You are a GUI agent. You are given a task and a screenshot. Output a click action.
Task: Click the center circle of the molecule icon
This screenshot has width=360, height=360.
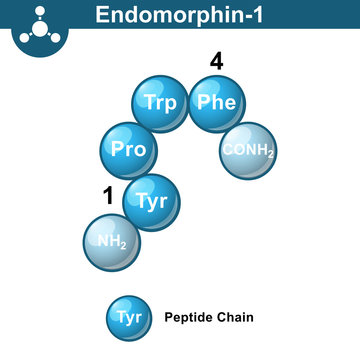(36, 25)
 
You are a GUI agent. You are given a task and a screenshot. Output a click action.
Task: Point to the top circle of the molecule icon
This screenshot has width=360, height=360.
(36, 11)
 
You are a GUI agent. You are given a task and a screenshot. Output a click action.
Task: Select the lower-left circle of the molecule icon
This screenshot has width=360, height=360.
(24, 34)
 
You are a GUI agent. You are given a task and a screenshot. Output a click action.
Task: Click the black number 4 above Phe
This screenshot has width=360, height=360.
(216, 62)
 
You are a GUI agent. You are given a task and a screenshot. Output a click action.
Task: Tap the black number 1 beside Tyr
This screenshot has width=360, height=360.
(108, 196)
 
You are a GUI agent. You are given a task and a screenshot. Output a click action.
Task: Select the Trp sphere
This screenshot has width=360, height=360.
(159, 103)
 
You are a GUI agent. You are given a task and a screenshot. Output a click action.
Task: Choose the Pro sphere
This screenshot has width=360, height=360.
(129, 150)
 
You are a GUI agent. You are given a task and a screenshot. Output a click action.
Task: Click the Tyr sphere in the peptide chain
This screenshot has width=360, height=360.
(151, 201)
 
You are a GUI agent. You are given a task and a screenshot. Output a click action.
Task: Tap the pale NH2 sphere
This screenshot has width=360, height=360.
(111, 241)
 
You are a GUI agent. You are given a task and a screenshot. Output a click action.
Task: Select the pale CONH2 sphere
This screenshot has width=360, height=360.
(247, 150)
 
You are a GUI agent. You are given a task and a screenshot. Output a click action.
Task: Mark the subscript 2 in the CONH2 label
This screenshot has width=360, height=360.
(270, 154)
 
